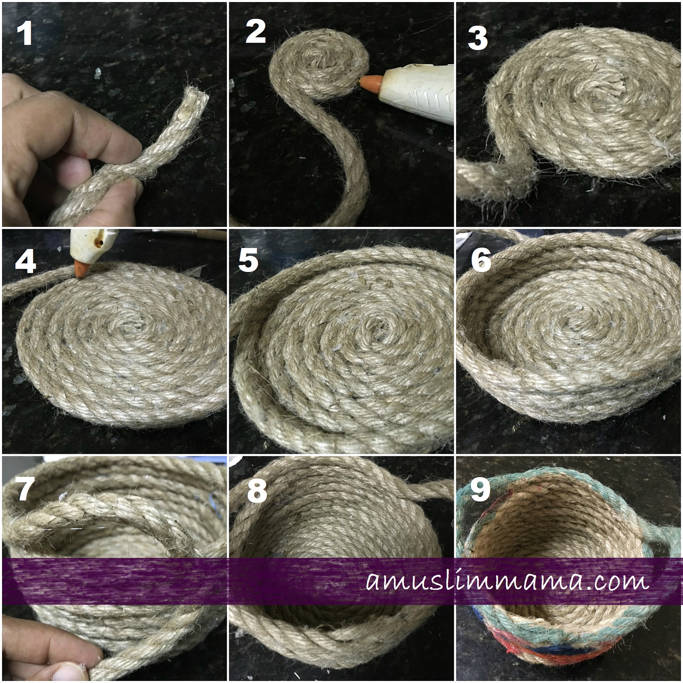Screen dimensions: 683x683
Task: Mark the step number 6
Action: click(481, 261)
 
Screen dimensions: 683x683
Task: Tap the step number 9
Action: click(480, 488)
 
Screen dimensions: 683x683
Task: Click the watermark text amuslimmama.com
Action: click(507, 582)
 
